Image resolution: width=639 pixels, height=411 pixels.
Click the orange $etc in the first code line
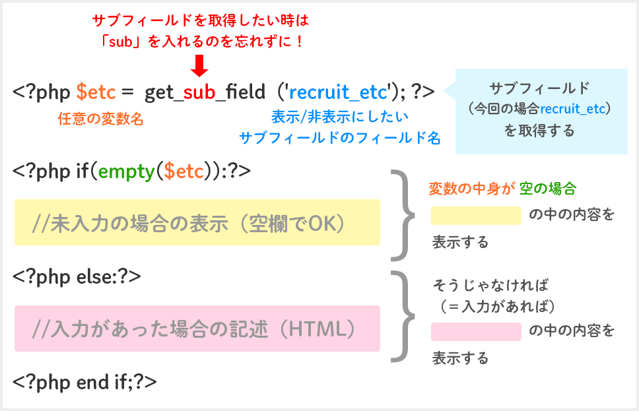tap(98, 92)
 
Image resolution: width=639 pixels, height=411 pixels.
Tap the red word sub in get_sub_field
tap(199, 92)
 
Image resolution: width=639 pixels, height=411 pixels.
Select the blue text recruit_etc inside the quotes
tap(337, 92)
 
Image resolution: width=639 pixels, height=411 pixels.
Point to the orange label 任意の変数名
tap(100, 119)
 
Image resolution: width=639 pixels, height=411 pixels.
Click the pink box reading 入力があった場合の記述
tap(197, 329)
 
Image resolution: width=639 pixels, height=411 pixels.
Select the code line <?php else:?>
tap(77, 275)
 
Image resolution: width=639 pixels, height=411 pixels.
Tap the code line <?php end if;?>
tap(84, 381)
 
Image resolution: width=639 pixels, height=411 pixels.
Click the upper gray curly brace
tap(402, 215)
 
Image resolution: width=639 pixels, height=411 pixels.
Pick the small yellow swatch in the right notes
tap(476, 216)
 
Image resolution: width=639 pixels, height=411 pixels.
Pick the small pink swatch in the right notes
tap(476, 331)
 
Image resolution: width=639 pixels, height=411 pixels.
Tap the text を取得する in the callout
tap(539, 131)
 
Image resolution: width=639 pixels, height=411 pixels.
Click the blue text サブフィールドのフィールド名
tap(339, 138)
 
